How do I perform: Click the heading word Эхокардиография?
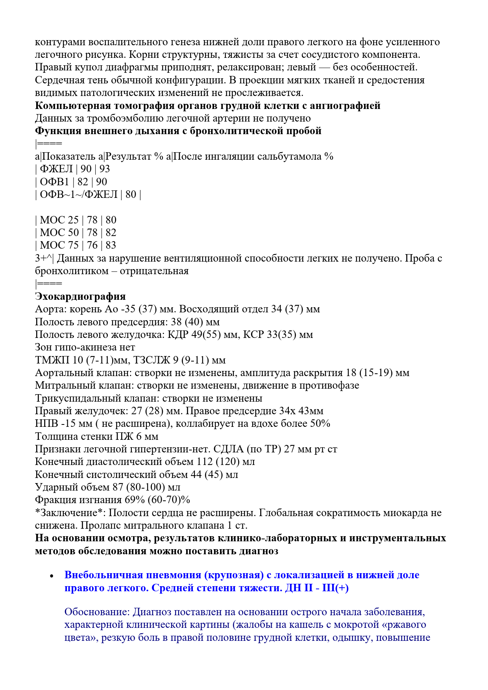point(80,297)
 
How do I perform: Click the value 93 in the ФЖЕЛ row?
point(105,169)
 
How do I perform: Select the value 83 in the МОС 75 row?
point(111,245)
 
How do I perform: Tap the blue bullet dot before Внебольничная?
point(52,576)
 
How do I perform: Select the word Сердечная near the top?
point(60,80)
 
